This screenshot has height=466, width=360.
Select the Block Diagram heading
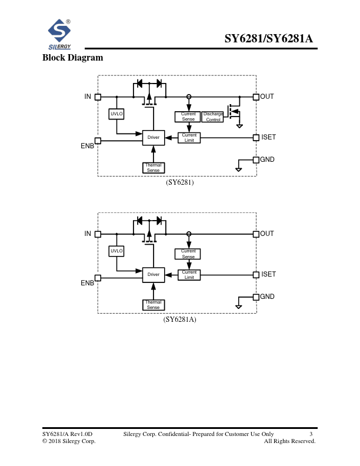click(x=72, y=58)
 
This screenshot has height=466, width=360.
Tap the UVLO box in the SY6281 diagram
click(x=116, y=114)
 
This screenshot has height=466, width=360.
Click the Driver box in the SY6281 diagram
click(x=154, y=137)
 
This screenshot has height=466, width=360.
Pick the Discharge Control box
click(x=213, y=116)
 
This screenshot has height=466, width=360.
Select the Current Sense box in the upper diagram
click(x=188, y=116)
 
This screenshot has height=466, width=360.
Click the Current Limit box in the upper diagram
click(x=189, y=137)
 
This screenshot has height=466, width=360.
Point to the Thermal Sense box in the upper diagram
click(x=154, y=168)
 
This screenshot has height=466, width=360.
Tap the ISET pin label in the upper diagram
click(x=268, y=137)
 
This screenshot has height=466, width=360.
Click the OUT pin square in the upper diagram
click(x=256, y=96)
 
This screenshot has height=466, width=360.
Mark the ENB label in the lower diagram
click(x=88, y=283)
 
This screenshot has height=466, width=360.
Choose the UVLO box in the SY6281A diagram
click(x=116, y=251)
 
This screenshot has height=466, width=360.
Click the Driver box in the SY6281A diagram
click(x=154, y=274)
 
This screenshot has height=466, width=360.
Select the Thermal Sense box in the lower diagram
click(x=154, y=305)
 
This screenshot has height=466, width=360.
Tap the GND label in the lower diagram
click(x=268, y=297)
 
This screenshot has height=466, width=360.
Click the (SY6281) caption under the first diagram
click(x=179, y=182)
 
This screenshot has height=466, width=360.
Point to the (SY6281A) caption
click(x=180, y=319)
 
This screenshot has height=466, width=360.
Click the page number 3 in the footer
click(x=311, y=434)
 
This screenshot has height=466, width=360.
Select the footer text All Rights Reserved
click(x=290, y=441)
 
